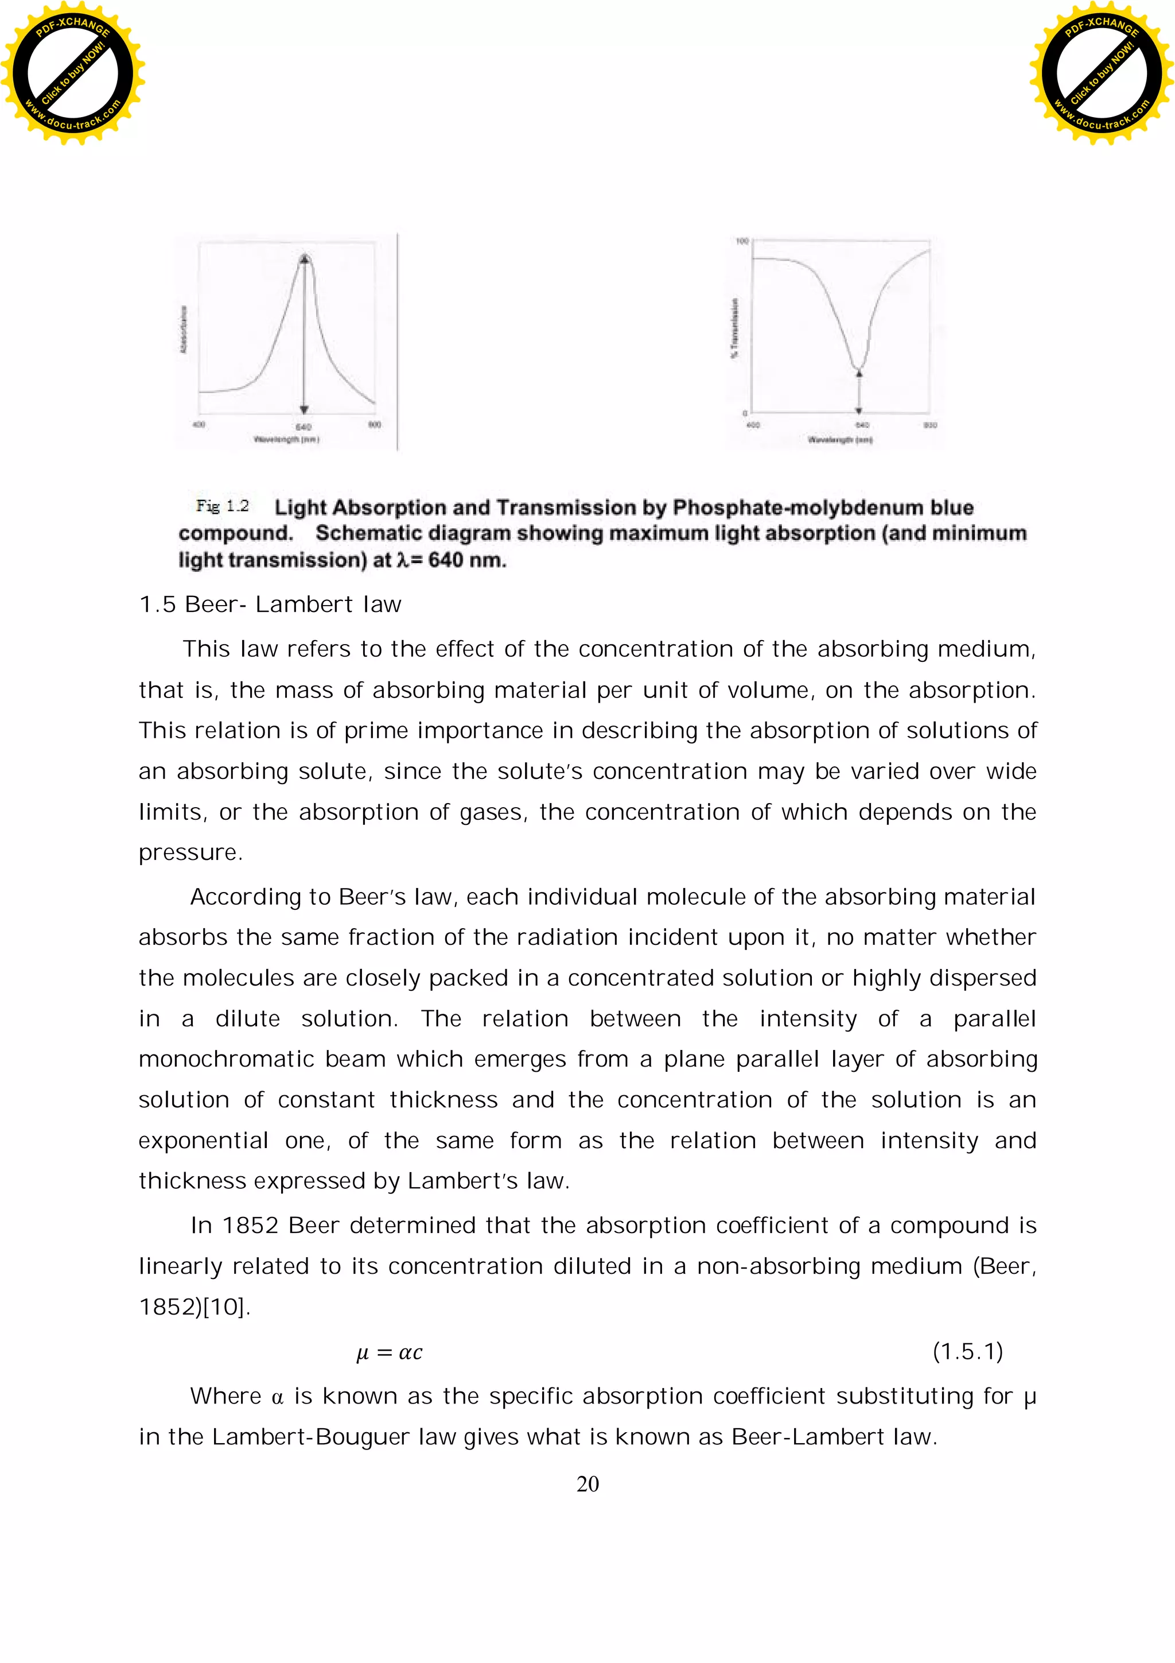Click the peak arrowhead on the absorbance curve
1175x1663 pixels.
[305, 258]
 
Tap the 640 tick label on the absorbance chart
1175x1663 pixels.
[304, 427]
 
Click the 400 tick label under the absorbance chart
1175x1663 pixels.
[199, 424]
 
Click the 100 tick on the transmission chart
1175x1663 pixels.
[742, 241]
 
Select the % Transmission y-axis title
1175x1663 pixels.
[735, 328]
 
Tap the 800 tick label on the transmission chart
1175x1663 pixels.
[930, 425]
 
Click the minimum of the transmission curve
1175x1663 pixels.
[858, 367]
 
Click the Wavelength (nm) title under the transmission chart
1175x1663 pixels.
[840, 440]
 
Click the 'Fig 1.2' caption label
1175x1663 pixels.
[222, 506]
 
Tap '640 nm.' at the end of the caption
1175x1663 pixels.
[467, 560]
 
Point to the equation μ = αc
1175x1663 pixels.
[390, 1352]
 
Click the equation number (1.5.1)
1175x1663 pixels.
[967, 1351]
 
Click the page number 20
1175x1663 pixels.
[587, 1484]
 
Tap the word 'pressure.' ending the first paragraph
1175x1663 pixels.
[190, 852]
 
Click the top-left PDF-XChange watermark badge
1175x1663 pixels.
[72, 72]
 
